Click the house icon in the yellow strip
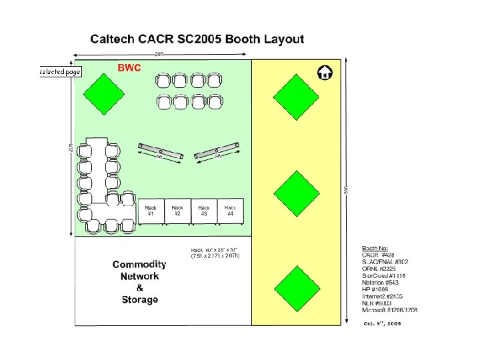tap(325, 72)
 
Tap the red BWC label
tap(129, 68)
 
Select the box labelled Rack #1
tap(151, 211)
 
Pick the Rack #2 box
tap(177, 211)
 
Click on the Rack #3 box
tap(204, 211)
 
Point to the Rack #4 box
tap(230, 211)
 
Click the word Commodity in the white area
tap(139, 265)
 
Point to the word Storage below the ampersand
tap(140, 300)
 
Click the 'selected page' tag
tap(60, 71)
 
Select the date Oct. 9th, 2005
tap(382, 323)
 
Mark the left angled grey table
tap(161, 151)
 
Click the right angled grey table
tap(217, 151)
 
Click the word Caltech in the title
tap(113, 39)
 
